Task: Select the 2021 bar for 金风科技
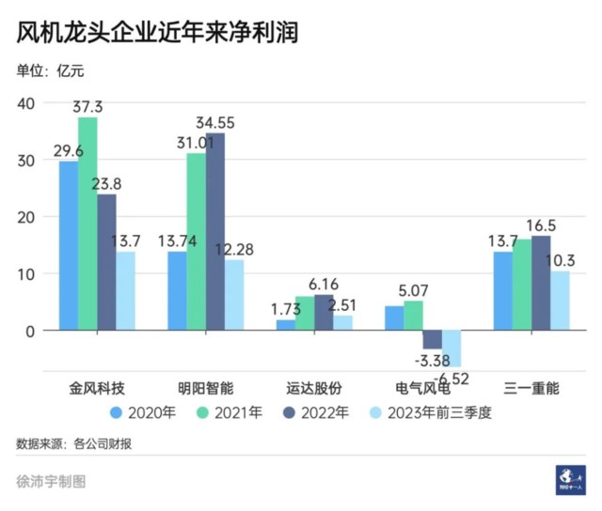(x=87, y=224)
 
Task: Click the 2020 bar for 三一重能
(x=503, y=291)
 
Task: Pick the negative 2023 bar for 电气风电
(x=451, y=348)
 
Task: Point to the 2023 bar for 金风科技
(x=125, y=291)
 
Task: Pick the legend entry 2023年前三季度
(x=434, y=411)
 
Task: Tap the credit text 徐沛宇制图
(x=51, y=481)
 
